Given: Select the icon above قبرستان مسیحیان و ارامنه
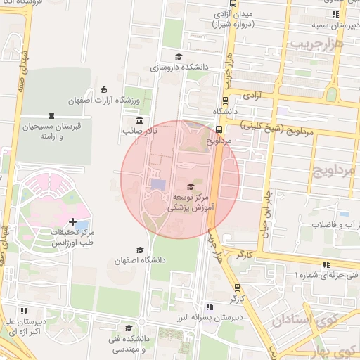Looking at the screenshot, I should (51, 116).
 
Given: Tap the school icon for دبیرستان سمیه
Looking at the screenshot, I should (335, 13).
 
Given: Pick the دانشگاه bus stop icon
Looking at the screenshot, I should (225, 100).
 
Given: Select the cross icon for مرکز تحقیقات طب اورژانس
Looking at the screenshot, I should (73, 222).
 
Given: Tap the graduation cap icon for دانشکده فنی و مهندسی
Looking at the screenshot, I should (128, 328).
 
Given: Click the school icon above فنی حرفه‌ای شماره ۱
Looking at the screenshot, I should (326, 264).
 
